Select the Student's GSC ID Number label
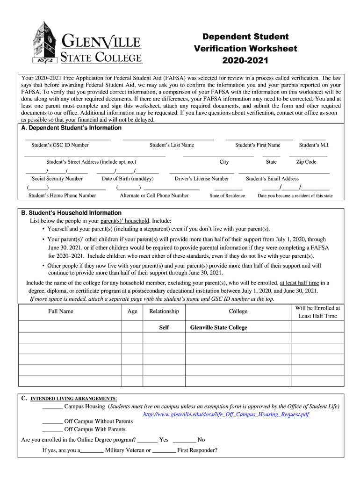60,145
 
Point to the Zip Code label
306,162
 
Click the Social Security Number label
57,179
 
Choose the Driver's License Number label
202,179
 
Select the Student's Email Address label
272,179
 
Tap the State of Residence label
227,196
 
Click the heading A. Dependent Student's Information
72,128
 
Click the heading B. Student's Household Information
72,212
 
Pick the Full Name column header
61,312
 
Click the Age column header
132,312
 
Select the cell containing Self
164,327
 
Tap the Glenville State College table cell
218,327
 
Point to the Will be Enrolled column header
317,312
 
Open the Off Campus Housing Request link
226,414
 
